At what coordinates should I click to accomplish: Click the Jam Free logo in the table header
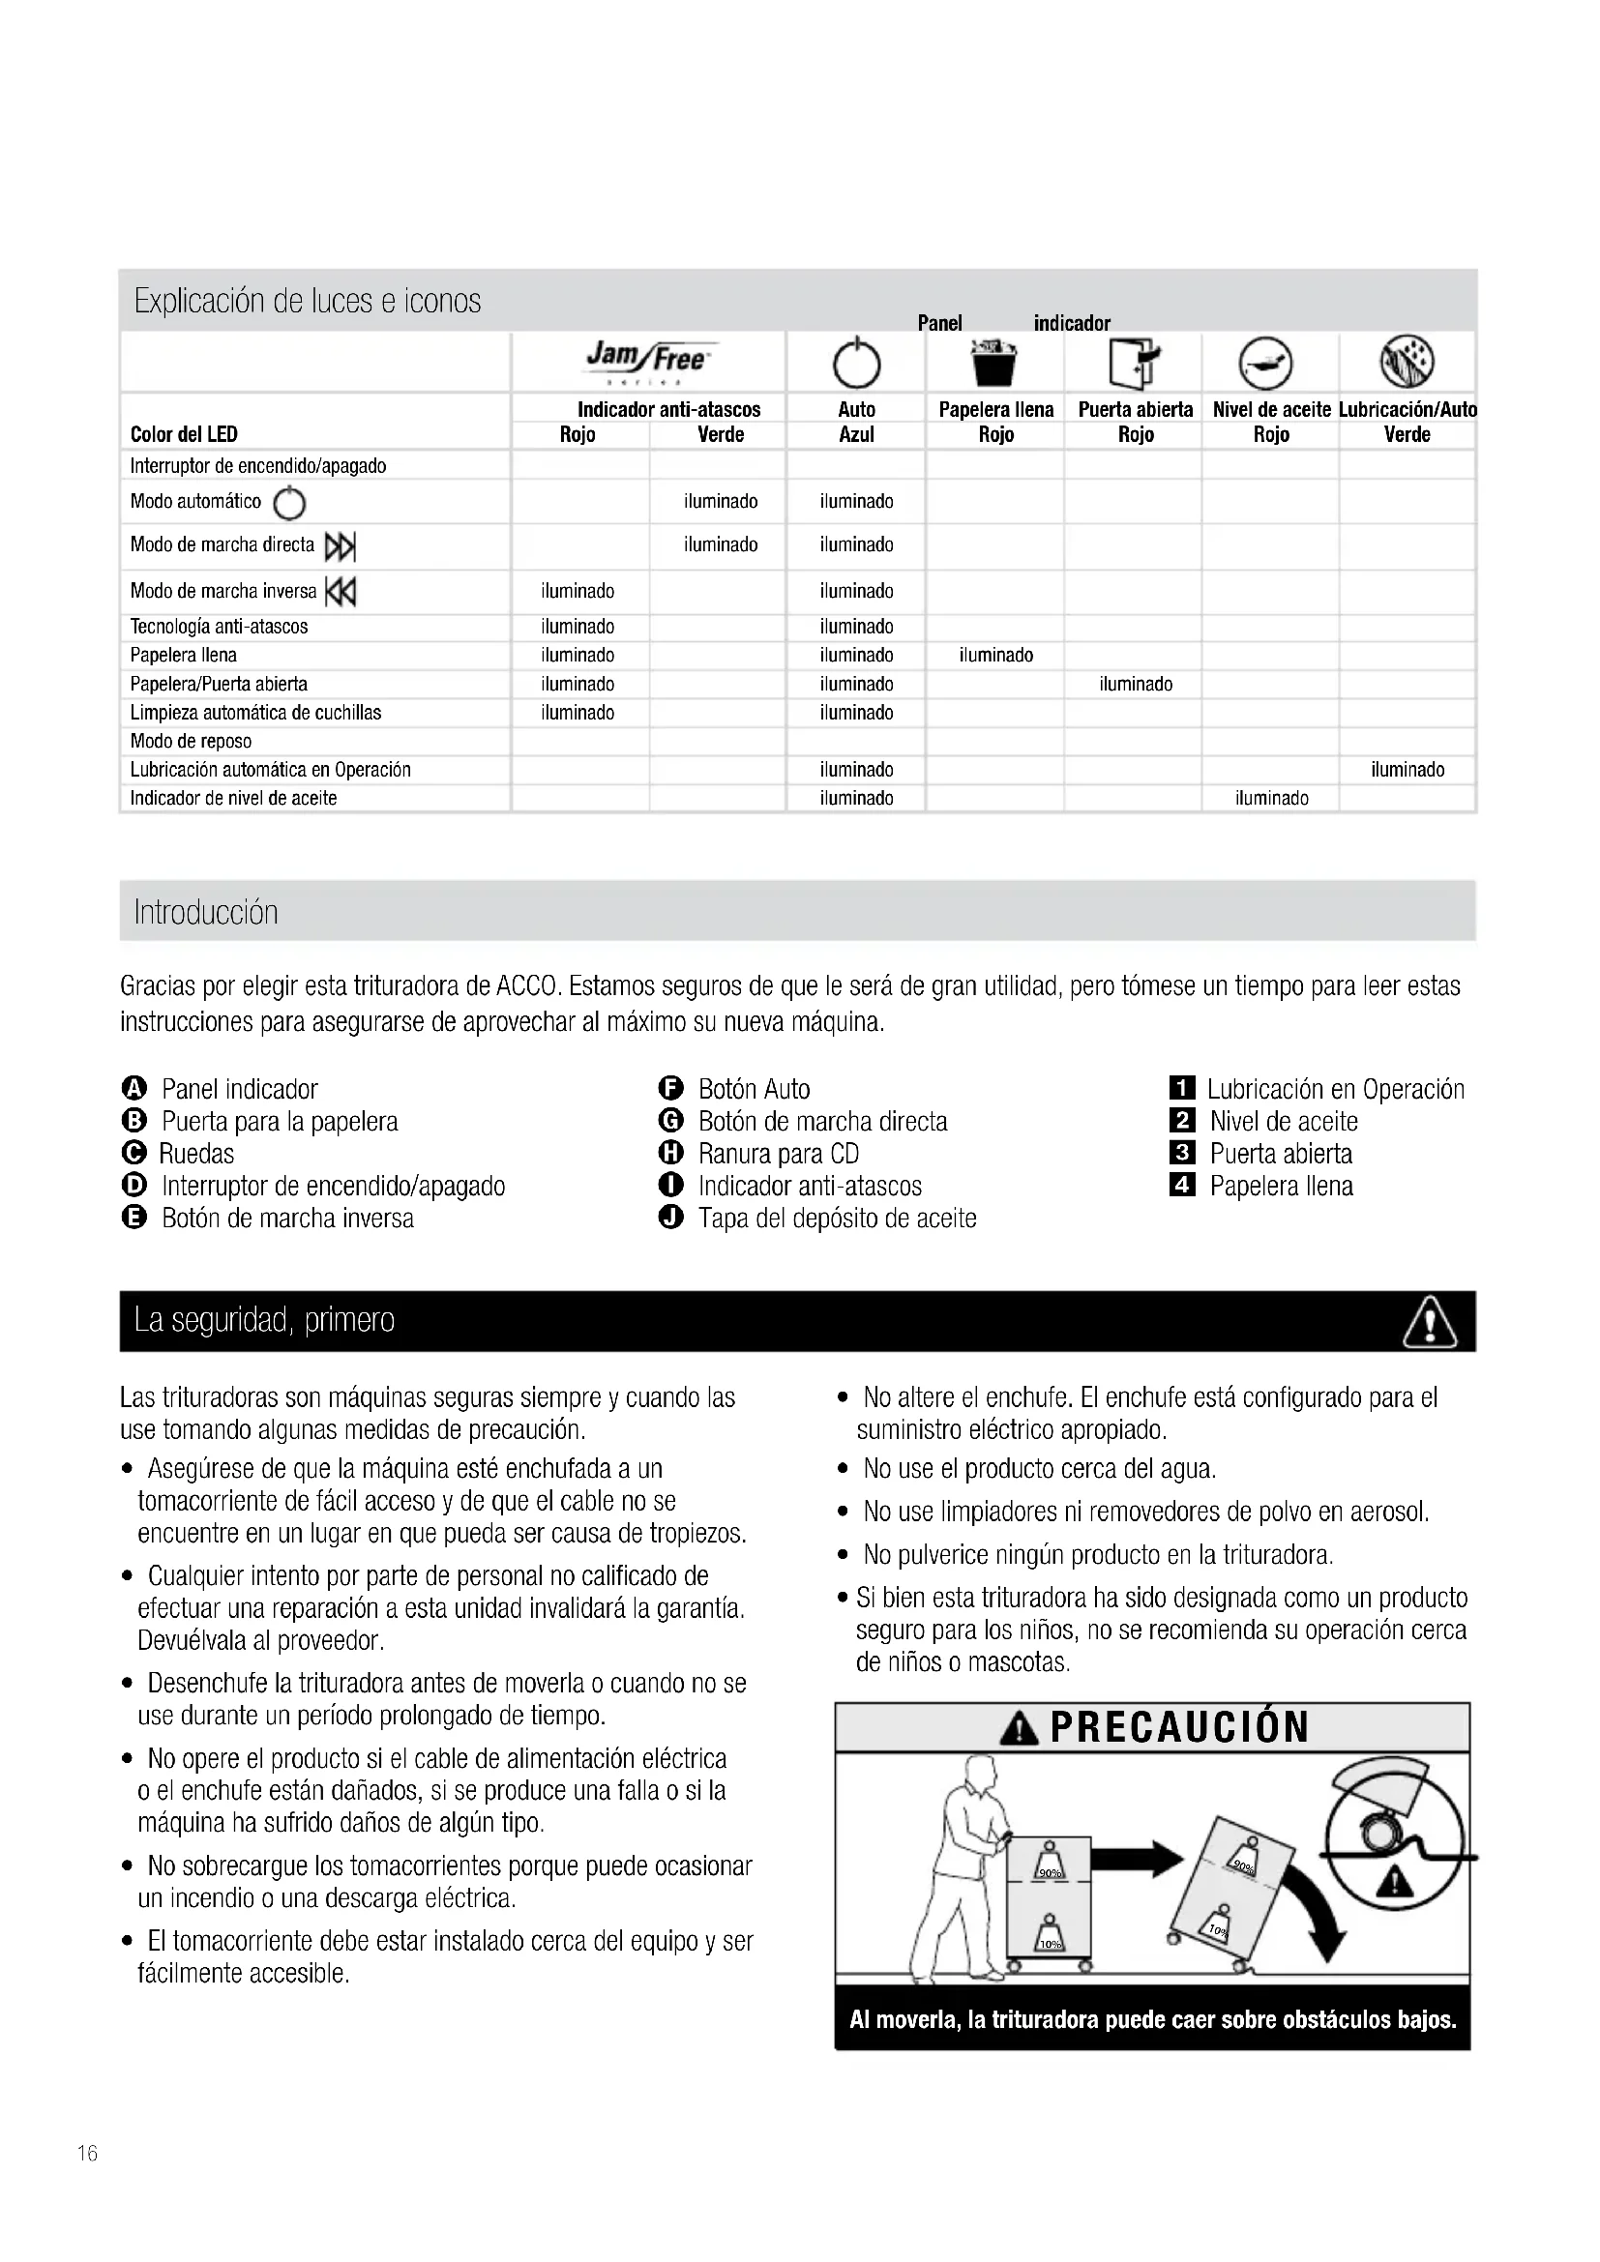(x=646, y=361)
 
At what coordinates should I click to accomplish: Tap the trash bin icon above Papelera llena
(x=994, y=363)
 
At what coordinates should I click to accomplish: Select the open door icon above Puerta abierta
(x=1135, y=363)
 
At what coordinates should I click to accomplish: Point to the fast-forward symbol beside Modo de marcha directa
(x=340, y=545)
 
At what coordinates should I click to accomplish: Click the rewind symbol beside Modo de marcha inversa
(x=341, y=592)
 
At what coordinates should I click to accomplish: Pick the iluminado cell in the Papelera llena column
(x=996, y=655)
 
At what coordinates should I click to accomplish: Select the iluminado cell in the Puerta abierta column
(x=1135, y=684)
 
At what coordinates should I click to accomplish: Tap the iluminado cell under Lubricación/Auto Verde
(x=1407, y=770)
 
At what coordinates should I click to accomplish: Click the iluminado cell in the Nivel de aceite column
(x=1271, y=798)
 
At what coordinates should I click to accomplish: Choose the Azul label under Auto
(x=856, y=434)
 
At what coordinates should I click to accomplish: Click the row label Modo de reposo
(x=192, y=741)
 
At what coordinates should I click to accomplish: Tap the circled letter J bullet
(x=671, y=1219)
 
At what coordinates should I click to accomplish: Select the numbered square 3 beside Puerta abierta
(x=1182, y=1154)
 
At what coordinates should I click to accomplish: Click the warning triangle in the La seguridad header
(x=1429, y=1322)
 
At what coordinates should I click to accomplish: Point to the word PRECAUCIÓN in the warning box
(x=1179, y=1727)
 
